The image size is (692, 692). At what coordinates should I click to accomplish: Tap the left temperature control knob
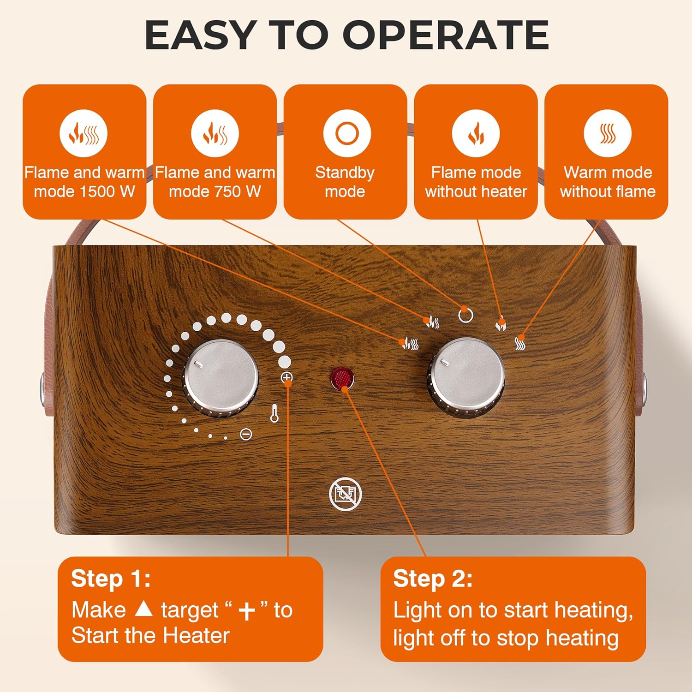221,377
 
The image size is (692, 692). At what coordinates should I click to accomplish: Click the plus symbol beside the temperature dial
286,378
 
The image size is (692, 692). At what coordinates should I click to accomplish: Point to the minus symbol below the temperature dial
246,434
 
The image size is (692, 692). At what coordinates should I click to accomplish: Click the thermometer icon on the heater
274,413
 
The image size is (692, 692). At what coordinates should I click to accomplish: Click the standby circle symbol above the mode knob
465,316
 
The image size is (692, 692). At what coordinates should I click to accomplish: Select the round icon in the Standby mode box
347,133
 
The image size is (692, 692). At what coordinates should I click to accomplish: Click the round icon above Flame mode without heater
476,133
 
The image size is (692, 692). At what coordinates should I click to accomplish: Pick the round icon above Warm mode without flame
607,133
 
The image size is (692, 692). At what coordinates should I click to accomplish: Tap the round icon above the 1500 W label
84,133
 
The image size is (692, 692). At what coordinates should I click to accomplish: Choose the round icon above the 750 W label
215,133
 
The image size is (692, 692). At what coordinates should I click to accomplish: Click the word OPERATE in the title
446,35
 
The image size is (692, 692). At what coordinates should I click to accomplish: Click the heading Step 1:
111,579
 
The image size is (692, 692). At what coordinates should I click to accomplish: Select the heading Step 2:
433,579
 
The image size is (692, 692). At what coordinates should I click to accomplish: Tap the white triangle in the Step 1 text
143,609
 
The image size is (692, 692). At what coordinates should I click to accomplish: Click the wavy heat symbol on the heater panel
520,342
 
